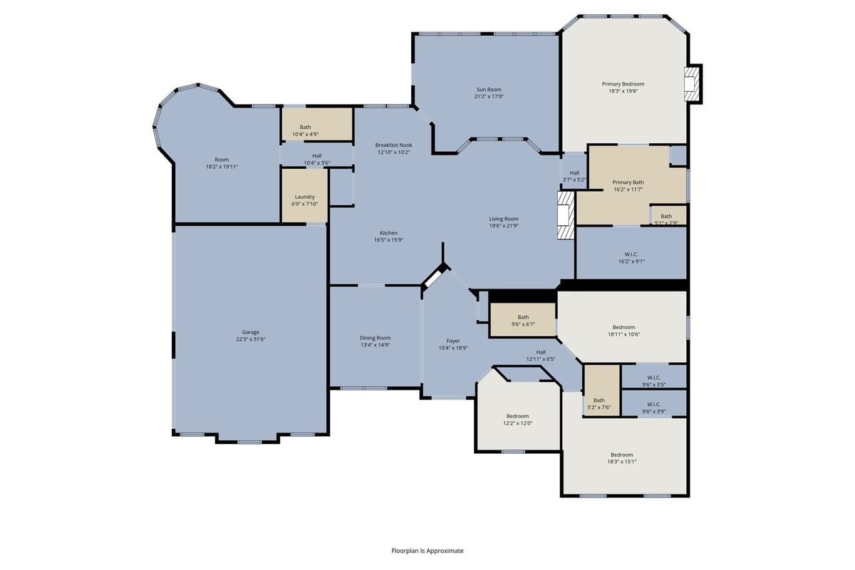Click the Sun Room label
(489, 90)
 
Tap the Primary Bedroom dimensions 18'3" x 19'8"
(623, 91)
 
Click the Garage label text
(250, 332)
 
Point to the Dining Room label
(375, 338)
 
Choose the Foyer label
(453, 341)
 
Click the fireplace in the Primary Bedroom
(692, 84)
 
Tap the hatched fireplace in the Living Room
(565, 214)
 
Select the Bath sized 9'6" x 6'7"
(523, 320)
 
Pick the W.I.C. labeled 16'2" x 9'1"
(631, 254)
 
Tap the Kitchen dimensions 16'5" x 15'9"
(388, 240)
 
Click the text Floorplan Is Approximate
(427, 551)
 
